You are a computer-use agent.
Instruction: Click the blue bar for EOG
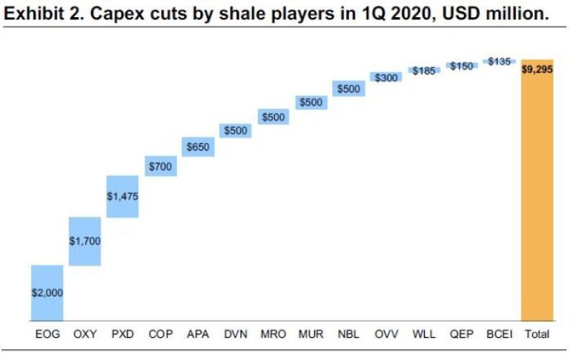(x=47, y=292)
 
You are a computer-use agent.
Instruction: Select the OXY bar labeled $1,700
(x=85, y=240)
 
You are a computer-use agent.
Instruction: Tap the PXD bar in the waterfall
(x=122, y=196)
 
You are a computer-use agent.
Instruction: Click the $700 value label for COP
(x=160, y=167)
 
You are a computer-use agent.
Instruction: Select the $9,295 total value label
(x=537, y=70)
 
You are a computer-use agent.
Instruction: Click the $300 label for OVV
(x=387, y=77)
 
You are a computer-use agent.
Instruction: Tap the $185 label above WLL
(x=424, y=71)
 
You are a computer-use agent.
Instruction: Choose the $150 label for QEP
(x=462, y=66)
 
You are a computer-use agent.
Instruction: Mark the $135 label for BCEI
(x=499, y=62)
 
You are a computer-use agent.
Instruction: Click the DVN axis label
(x=236, y=334)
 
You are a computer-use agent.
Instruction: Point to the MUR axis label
(x=311, y=334)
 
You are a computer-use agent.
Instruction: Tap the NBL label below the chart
(x=349, y=334)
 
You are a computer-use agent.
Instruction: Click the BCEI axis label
(x=500, y=334)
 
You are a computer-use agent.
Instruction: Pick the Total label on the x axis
(x=537, y=334)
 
